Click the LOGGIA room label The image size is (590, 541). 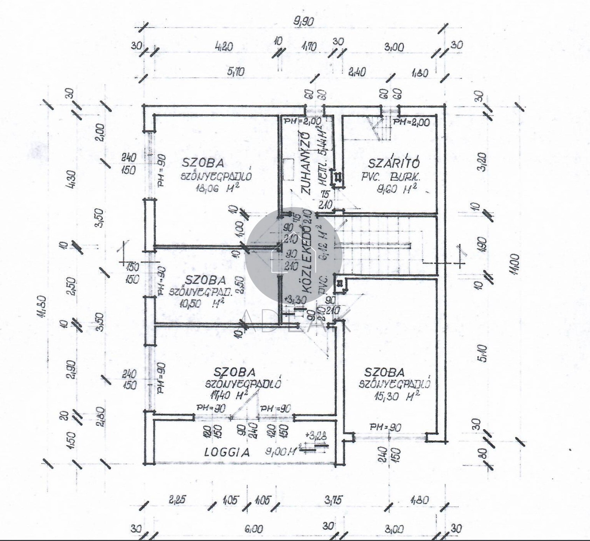[x=227, y=452]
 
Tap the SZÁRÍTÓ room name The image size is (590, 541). [x=394, y=163]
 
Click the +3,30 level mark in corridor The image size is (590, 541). [x=296, y=300]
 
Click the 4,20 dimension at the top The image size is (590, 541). [x=223, y=47]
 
